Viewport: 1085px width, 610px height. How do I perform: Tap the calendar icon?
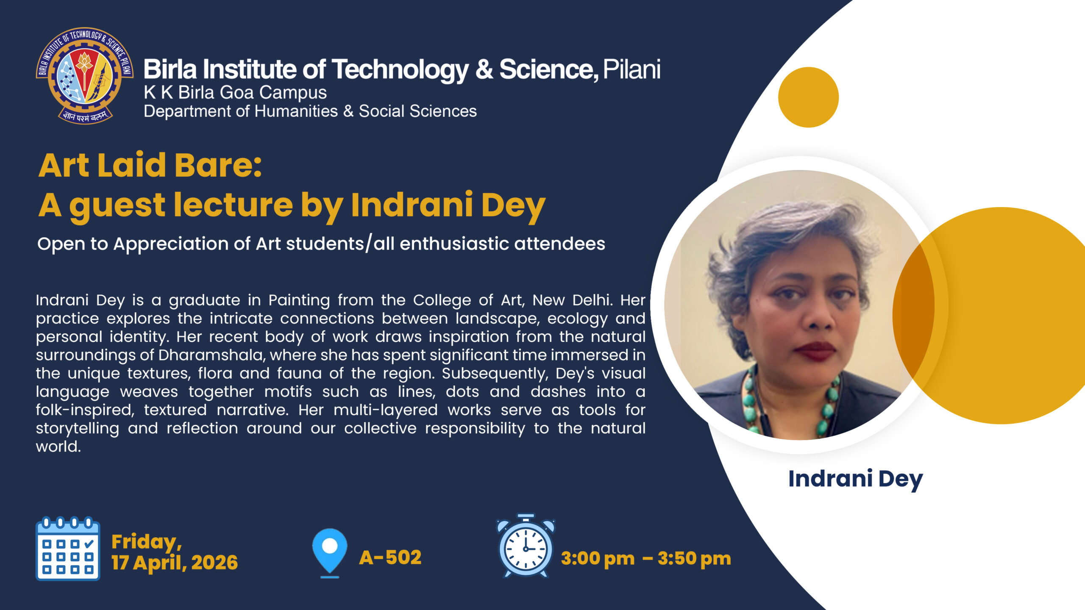click(68, 548)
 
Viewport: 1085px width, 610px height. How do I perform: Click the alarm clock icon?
click(526, 546)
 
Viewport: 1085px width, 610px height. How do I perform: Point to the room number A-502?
click(390, 557)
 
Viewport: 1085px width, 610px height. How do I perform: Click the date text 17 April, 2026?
click(175, 563)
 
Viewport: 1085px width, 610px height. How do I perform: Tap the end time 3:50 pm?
click(694, 559)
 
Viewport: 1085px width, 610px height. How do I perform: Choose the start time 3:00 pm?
click(598, 559)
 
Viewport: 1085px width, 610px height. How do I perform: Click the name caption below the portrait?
click(855, 479)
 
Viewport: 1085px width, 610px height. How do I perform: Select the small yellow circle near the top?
click(808, 97)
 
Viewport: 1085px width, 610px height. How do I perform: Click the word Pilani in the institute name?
click(632, 69)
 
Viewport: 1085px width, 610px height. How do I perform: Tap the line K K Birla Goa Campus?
click(235, 92)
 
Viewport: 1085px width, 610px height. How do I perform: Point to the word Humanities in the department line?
click(296, 111)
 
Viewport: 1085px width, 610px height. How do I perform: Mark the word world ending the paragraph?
click(58, 446)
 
